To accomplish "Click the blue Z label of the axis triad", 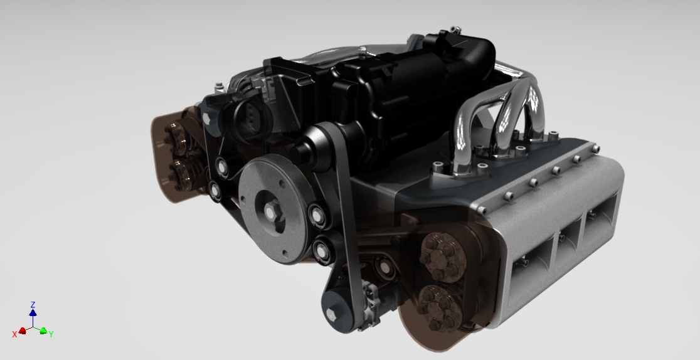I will click(x=33, y=304).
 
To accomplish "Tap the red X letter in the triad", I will click(x=14, y=334).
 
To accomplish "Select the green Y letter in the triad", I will click(x=51, y=334).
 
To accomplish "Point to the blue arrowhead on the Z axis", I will click(x=33, y=312).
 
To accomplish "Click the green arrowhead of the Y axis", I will click(x=43, y=331).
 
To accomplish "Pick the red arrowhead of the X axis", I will click(x=23, y=330).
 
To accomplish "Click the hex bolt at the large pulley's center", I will click(x=270, y=212).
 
